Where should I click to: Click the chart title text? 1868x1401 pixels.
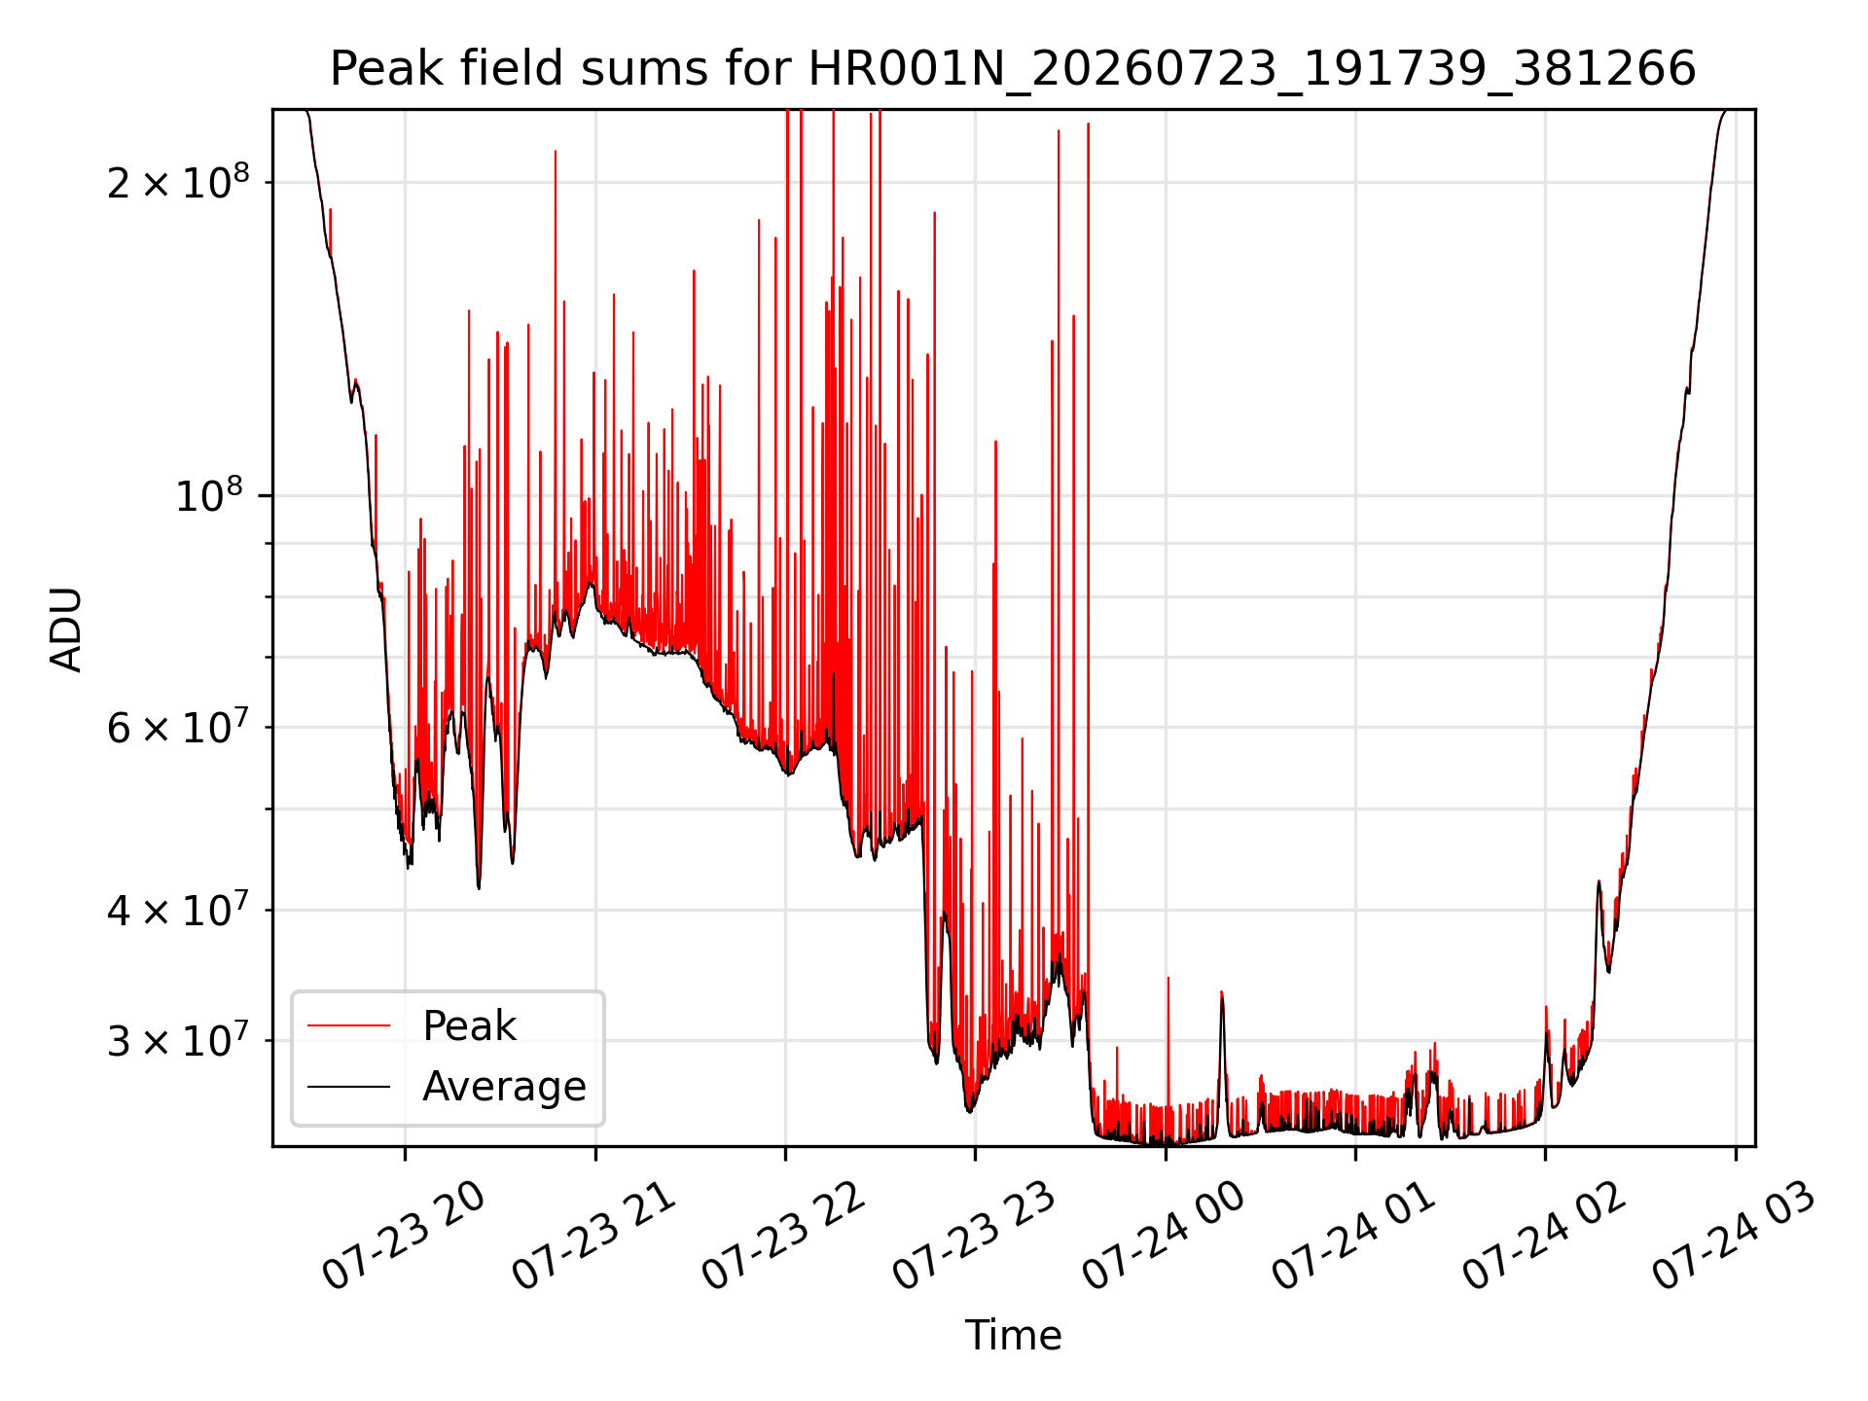1013,69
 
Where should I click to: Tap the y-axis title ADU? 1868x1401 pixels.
66,629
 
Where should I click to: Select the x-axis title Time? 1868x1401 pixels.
1013,1335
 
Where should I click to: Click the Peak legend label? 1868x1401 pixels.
469,1025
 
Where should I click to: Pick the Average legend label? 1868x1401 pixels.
504,1086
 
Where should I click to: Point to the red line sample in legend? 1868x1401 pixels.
348,1025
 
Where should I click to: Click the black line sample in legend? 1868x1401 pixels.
348,1086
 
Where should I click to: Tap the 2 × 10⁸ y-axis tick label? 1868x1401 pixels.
178,181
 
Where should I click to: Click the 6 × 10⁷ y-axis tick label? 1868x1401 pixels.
178,726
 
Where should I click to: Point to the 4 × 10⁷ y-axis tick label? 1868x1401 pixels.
178,910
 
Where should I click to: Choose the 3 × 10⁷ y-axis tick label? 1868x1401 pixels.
178,1040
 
